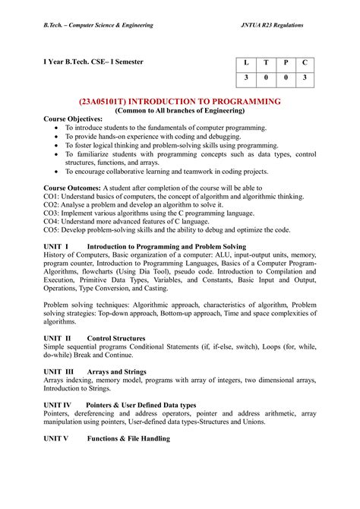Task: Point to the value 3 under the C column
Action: (305, 79)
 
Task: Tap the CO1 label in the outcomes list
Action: (51, 197)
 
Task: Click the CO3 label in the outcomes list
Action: (51, 214)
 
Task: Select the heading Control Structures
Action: (116, 337)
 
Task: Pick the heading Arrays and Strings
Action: (117, 372)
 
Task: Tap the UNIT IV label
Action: (58, 406)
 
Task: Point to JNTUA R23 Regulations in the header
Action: (271, 25)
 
